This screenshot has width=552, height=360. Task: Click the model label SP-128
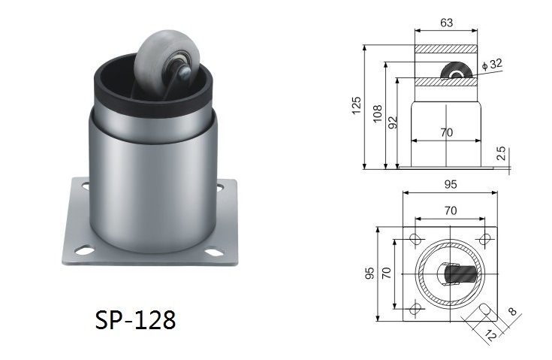[x=135, y=320]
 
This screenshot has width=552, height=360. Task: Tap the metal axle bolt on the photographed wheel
[x=184, y=72]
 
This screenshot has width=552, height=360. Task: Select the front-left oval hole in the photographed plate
[x=84, y=251]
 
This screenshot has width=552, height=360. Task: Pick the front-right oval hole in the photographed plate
[x=214, y=253]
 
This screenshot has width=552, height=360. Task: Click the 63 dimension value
[x=446, y=23]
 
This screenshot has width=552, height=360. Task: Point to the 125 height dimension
[x=357, y=105]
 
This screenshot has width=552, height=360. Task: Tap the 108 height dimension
[x=377, y=113]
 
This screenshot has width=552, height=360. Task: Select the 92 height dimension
[x=393, y=123]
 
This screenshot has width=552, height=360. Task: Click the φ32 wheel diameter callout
[x=492, y=65]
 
